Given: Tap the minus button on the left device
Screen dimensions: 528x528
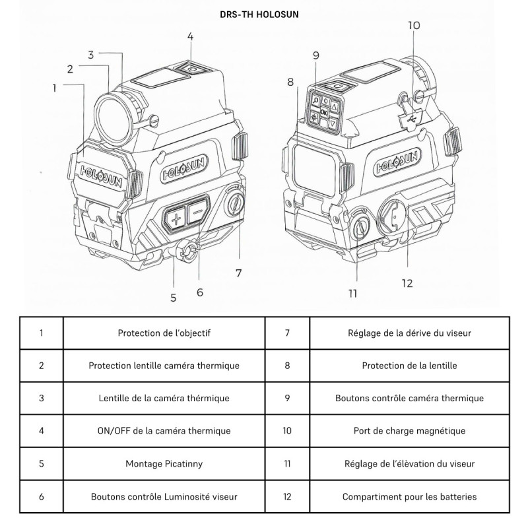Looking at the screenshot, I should tap(197, 213).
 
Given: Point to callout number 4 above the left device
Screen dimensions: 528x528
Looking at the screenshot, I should tap(190, 37).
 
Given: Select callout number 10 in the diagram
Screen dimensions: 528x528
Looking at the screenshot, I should tap(413, 25).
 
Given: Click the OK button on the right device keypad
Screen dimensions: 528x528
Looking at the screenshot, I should tap(323, 112).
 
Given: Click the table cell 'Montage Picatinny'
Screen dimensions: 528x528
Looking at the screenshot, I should tap(164, 463).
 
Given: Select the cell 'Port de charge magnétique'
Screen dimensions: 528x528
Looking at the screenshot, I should tap(409, 431).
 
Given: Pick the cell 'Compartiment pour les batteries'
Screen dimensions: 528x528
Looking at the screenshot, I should tap(409, 496).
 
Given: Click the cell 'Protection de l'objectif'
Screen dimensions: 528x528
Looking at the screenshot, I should tap(164, 333).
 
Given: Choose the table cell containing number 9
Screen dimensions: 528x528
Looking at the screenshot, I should tap(287, 398).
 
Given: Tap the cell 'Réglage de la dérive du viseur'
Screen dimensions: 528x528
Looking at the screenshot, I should tap(409, 333).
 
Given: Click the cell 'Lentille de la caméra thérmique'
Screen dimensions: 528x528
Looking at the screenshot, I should tap(164, 398).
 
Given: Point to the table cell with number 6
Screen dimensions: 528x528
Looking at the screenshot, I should tap(41, 496).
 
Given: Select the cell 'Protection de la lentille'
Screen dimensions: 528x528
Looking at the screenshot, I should tap(409, 365).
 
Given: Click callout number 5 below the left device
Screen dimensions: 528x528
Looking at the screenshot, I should tap(173, 297).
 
